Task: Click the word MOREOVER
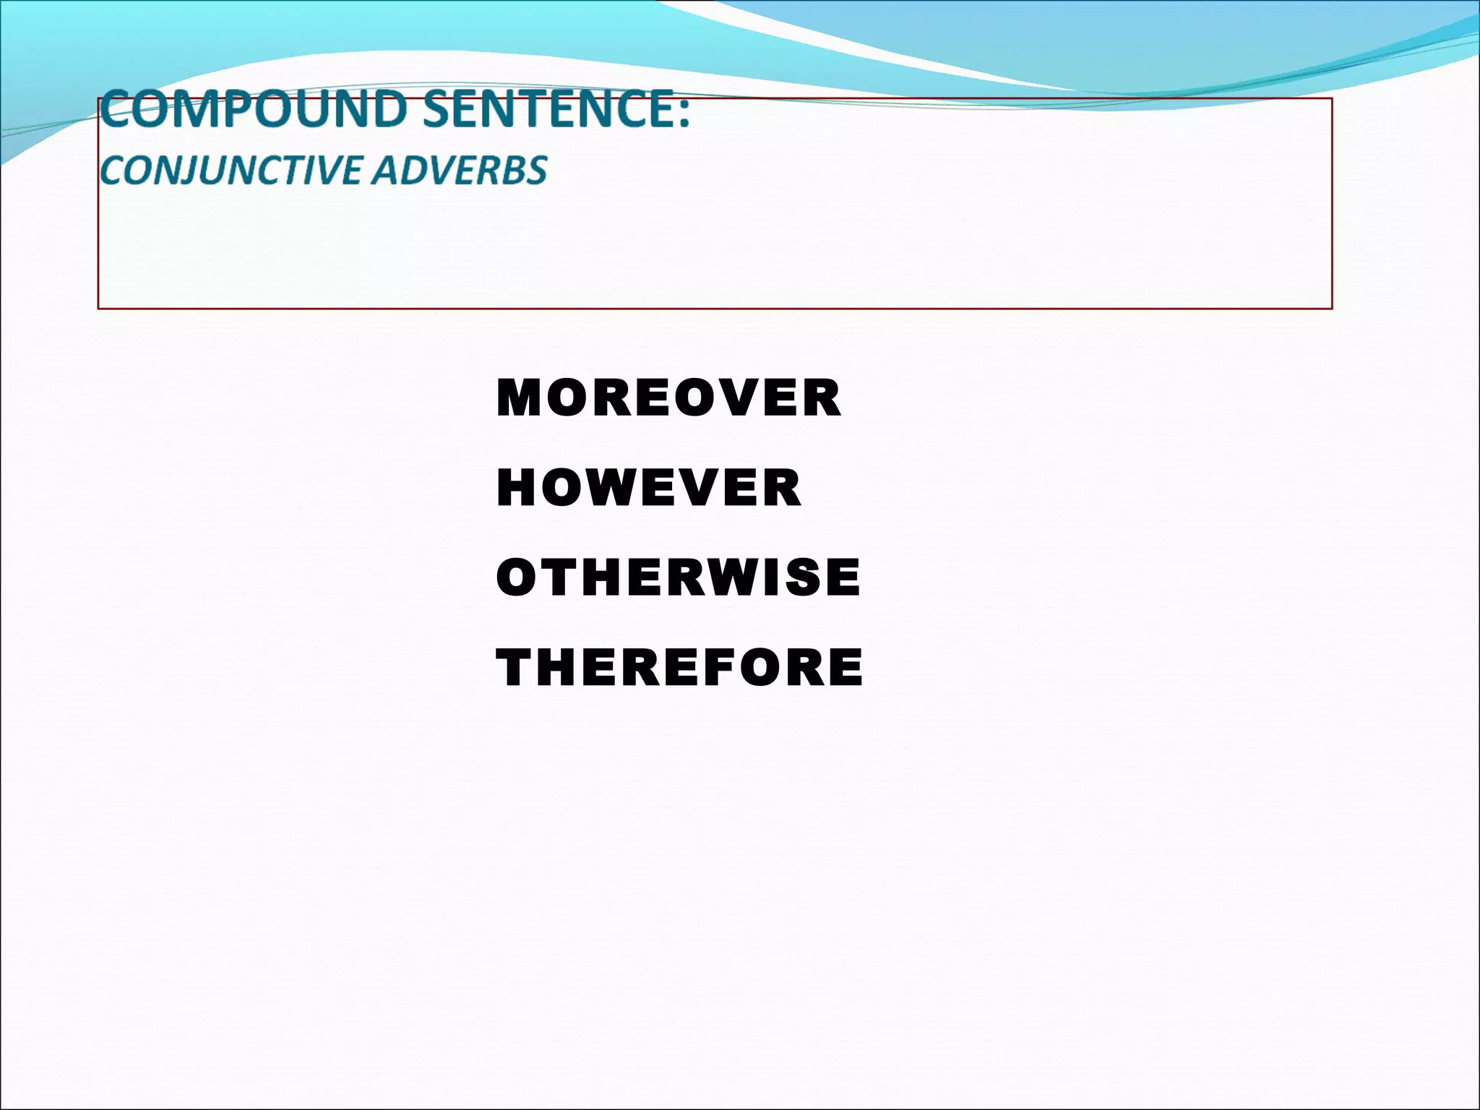coord(668,398)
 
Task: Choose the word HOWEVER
coord(649,489)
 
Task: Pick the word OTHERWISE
coord(678,578)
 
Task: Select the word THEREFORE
coord(679,668)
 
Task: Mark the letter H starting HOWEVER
coord(514,489)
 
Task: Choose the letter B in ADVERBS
coord(514,171)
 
